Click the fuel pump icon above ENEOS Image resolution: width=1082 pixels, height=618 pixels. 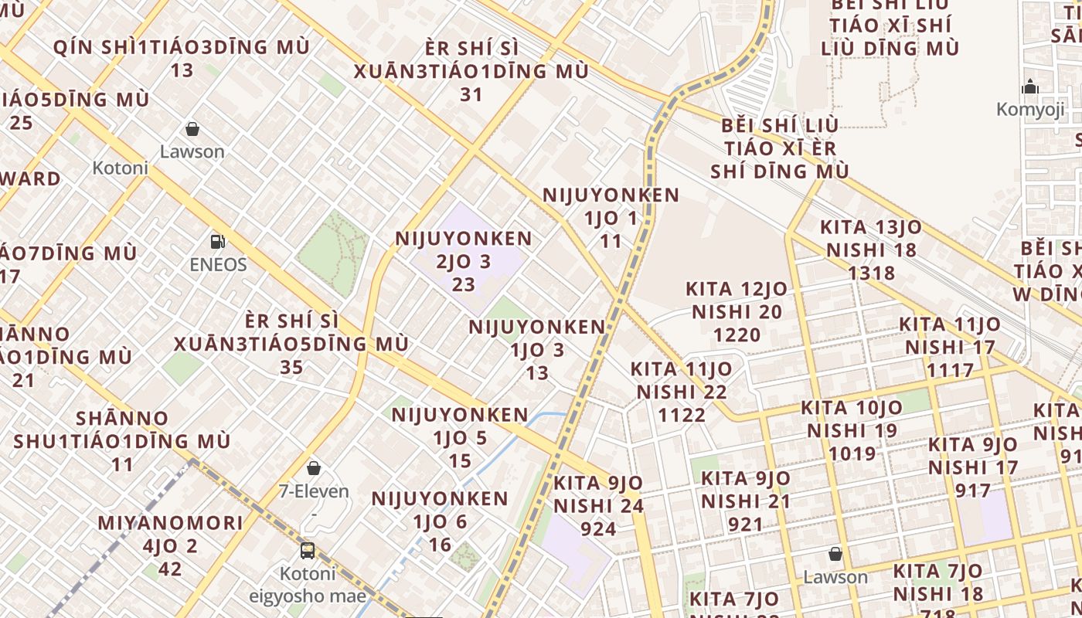click(x=218, y=242)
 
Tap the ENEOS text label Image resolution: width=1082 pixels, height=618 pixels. click(x=218, y=265)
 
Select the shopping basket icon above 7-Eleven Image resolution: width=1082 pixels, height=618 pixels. click(x=314, y=468)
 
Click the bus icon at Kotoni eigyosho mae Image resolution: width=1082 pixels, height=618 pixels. click(x=308, y=551)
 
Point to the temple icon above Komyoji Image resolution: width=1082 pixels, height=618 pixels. click(x=1030, y=87)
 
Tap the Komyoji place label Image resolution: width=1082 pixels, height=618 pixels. click(x=1030, y=110)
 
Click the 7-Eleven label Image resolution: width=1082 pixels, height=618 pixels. click(x=314, y=491)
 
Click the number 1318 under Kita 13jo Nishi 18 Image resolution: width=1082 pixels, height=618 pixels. click(x=871, y=273)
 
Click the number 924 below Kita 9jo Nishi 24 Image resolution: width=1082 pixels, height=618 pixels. click(x=598, y=529)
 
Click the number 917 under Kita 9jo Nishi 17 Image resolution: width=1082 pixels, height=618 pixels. click(x=972, y=491)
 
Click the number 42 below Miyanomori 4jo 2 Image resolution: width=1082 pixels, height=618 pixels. click(x=170, y=569)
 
